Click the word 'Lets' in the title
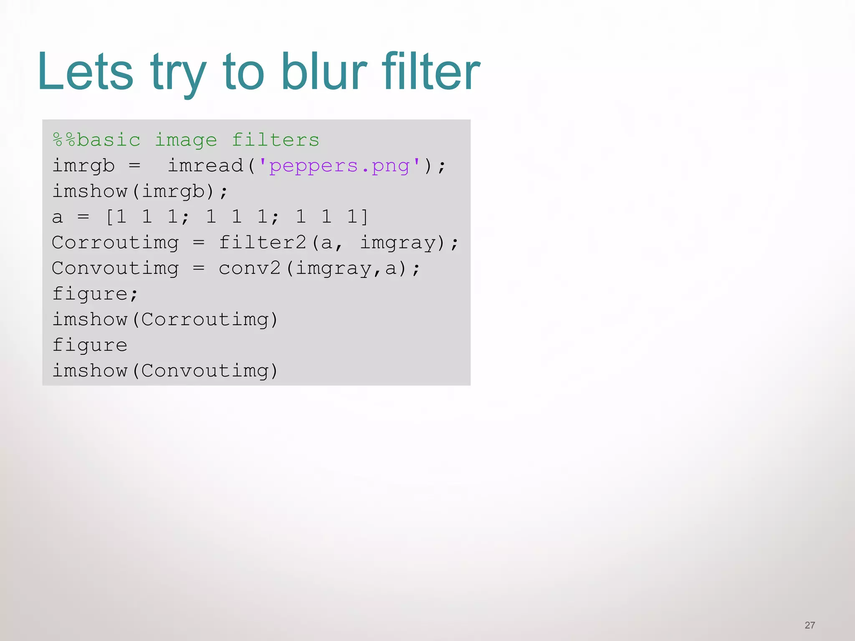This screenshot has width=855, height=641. pos(86,72)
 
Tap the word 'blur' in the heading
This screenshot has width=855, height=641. pos(324,72)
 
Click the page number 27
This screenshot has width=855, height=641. pos(809,625)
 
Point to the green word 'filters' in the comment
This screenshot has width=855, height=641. pos(276,140)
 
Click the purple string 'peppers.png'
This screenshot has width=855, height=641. pos(339,166)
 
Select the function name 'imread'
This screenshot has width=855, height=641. pos(205,166)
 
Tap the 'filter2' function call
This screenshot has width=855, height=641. pos(263,242)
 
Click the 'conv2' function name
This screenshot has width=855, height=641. pos(250,268)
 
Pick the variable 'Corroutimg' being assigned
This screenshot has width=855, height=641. pos(115,242)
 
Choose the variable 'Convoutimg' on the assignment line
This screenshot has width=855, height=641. pos(115,268)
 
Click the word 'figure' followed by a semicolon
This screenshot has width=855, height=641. pos(90,294)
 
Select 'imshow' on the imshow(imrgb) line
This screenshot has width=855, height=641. pos(90,192)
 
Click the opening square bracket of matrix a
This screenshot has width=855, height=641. pos(109,217)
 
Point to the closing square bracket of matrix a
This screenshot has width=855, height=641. pos(364,217)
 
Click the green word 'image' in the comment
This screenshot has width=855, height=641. pos(186,140)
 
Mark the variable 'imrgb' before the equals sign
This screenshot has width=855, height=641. pos(83,166)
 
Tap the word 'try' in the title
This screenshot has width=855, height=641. pos(178,72)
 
